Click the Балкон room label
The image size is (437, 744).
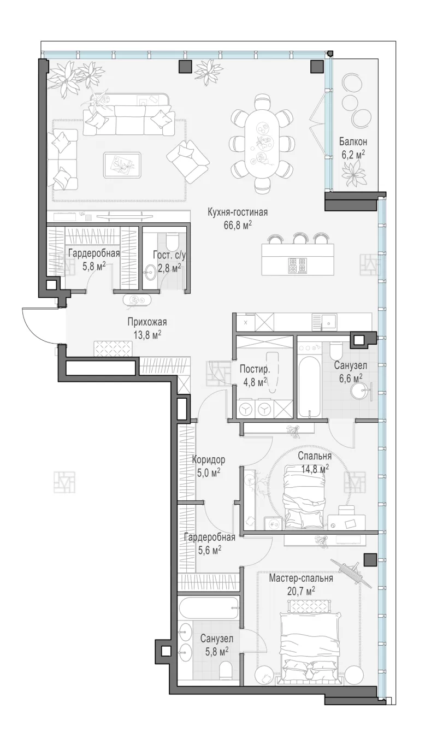tap(353, 142)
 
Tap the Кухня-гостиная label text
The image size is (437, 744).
tap(238, 212)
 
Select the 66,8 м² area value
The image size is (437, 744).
tap(238, 226)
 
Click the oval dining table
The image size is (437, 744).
tap(263, 143)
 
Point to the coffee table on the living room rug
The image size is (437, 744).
tap(122, 165)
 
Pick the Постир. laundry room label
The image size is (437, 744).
tap(255, 369)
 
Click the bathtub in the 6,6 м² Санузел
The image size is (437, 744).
tap(310, 386)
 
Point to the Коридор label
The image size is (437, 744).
tap(209, 460)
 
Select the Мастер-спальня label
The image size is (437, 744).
tap(301, 578)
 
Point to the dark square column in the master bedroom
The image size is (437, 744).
tap(370, 560)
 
